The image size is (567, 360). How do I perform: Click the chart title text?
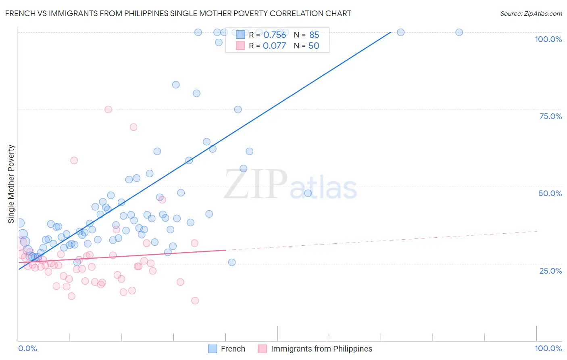[178, 13]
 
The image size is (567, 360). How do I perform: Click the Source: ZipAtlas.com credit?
[531, 13]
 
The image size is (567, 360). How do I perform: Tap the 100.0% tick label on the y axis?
[548, 39]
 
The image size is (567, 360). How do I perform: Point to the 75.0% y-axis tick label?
[550, 116]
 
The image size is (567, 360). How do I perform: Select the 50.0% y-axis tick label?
[550, 193]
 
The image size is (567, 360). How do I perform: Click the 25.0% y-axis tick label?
[550, 271]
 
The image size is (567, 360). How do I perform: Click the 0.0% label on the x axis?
[27, 348]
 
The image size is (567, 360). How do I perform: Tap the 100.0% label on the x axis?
[548, 348]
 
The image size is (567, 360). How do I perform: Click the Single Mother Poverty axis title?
[11, 184]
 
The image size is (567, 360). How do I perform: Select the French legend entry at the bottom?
[233, 349]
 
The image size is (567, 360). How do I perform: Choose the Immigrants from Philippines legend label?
[321, 349]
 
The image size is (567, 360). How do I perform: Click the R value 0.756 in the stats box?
[274, 35]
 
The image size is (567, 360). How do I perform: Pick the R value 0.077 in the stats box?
[274, 46]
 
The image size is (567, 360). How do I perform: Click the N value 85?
[314, 35]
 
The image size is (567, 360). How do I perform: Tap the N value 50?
[314, 46]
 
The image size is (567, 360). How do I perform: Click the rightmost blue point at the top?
[459, 32]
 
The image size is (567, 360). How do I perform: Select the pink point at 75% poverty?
[108, 109]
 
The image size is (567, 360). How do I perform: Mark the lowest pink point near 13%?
[195, 301]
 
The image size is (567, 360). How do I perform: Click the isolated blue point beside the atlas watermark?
[308, 193]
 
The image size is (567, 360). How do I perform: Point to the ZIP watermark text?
[256, 185]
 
